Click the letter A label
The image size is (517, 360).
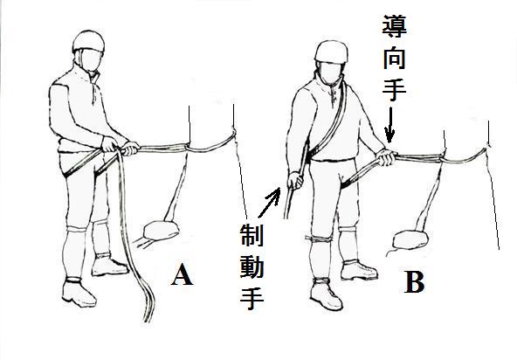[182, 274]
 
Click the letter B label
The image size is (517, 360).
[415, 282]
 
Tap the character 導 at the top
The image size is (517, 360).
[395, 25]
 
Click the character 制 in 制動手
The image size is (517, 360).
[252, 235]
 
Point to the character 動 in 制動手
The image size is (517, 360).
[252, 267]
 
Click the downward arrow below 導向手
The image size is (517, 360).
[389, 125]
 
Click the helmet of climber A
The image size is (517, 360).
[88, 41]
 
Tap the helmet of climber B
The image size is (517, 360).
[331, 52]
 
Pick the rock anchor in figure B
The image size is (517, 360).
[410, 239]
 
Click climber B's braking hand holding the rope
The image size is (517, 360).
[295, 181]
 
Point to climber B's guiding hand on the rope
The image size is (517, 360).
[386, 157]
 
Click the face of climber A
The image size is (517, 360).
[90, 60]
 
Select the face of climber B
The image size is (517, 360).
[331, 73]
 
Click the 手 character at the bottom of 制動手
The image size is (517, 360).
[252, 299]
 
